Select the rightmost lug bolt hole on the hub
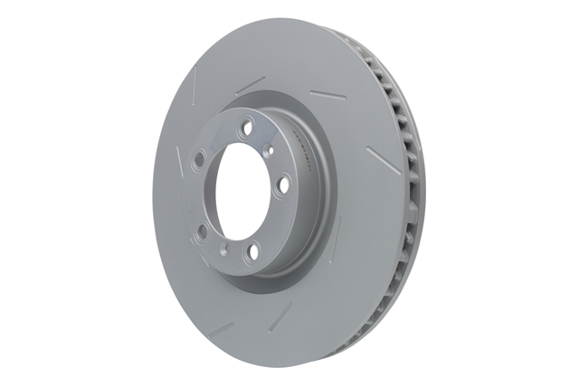pyautogui.click(x=283, y=184)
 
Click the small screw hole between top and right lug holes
pyautogui.click(x=269, y=151)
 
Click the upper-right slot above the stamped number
pyautogui.click(x=323, y=93)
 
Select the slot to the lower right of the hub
pyautogui.click(x=337, y=237)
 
